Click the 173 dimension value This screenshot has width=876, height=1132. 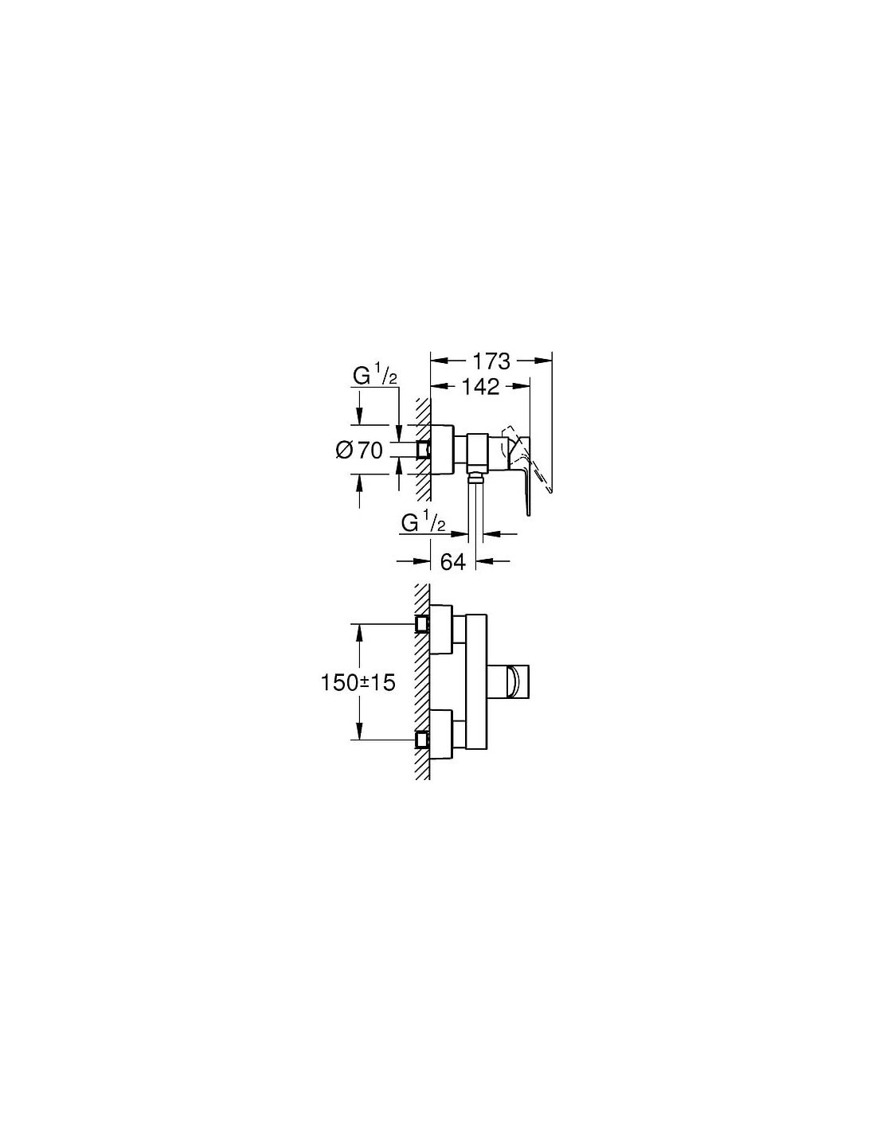click(x=491, y=361)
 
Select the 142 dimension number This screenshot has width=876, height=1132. click(x=480, y=387)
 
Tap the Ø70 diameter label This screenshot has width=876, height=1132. click(x=359, y=450)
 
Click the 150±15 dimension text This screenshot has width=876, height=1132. click(x=358, y=683)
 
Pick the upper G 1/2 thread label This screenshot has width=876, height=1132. click(x=375, y=376)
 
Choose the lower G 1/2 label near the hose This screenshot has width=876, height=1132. click(x=423, y=523)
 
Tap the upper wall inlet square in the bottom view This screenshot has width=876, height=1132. click(x=423, y=624)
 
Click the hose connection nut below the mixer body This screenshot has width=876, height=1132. click(x=475, y=475)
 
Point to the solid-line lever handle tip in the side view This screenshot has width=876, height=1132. click(x=529, y=514)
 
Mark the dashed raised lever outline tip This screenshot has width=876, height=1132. click(x=549, y=490)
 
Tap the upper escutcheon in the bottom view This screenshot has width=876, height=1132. click(x=441, y=630)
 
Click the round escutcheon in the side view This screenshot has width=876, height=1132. click(x=443, y=450)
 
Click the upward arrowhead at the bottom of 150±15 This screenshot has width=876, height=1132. click(x=359, y=732)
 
